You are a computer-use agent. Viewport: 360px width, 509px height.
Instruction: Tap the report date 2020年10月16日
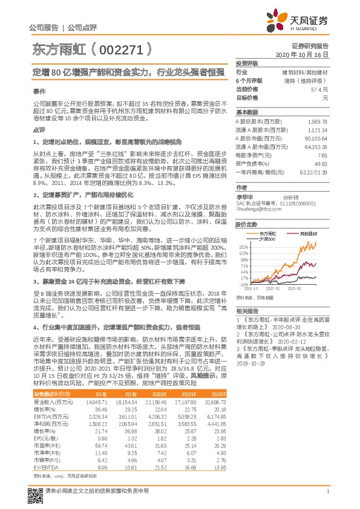tap(301, 54)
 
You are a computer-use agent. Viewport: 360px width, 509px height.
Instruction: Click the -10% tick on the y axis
tap(243, 284)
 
